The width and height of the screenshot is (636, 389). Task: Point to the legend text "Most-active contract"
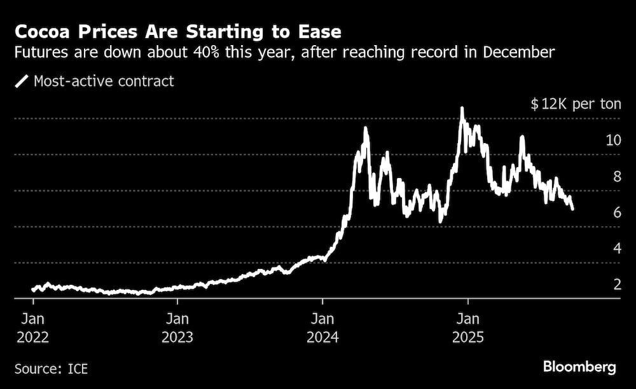104,81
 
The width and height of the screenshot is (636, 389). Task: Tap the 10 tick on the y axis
613,140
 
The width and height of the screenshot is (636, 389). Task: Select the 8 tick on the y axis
616,177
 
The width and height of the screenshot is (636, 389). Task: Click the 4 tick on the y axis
616,249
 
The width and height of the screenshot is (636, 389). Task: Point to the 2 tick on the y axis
616,285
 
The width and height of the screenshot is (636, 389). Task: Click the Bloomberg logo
579,367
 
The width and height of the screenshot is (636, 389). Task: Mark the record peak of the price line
462,109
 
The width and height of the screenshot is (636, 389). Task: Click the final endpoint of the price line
573,208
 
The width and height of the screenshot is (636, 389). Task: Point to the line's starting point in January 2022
33,290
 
